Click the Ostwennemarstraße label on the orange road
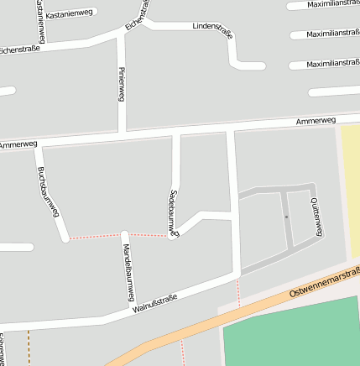point(324,282)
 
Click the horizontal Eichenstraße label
point(20,50)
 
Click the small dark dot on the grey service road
point(286,217)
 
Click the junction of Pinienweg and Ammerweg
point(122,134)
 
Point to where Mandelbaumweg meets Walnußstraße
point(128,313)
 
